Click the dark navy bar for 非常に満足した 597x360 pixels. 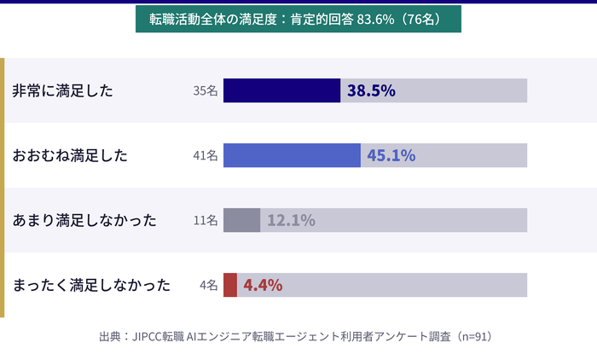(x=281, y=90)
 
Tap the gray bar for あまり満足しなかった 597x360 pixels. (x=241, y=220)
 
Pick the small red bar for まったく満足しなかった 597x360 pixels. (x=229, y=285)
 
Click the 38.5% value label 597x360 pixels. (x=371, y=90)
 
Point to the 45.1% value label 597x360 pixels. (x=391, y=155)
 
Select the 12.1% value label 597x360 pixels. (x=291, y=220)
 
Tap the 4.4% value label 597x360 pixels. (x=263, y=285)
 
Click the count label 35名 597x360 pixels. (x=206, y=90)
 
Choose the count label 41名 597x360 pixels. (x=206, y=155)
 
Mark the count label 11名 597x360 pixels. (x=206, y=220)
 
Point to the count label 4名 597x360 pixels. (x=209, y=285)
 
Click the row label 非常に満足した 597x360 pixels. (x=62, y=90)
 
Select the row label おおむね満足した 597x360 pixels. (x=70, y=155)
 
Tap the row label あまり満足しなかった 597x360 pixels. (x=84, y=220)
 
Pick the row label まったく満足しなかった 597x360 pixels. (x=91, y=285)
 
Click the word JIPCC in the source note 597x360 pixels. (x=151, y=336)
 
